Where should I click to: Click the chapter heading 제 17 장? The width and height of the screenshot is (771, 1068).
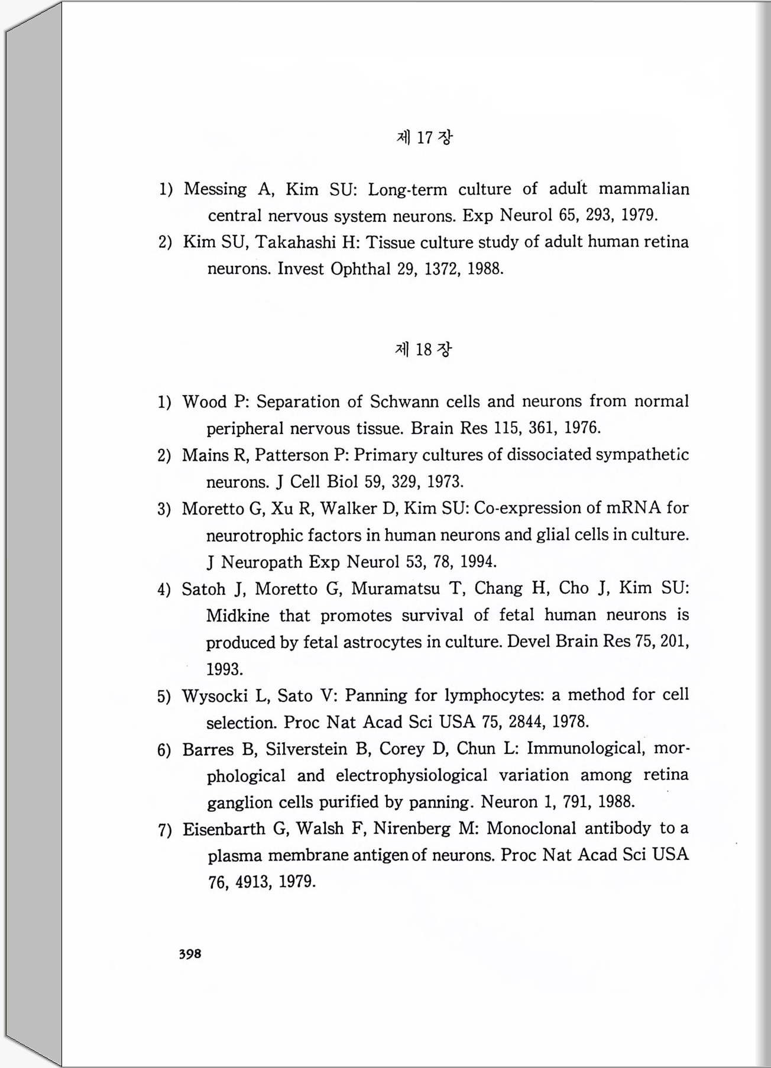(x=423, y=138)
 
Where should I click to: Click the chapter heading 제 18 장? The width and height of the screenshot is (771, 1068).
(x=423, y=349)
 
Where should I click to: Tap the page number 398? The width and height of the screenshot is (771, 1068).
(x=190, y=954)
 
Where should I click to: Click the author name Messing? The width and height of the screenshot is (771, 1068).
(x=215, y=189)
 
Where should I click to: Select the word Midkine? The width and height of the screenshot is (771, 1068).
(x=237, y=616)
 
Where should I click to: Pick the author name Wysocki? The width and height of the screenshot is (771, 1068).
(x=215, y=696)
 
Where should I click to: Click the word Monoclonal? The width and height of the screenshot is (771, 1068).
(x=531, y=828)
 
